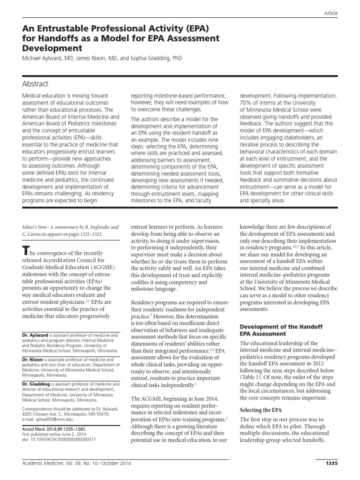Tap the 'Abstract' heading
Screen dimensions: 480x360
(35, 84)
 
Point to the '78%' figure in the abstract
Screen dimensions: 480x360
(246, 103)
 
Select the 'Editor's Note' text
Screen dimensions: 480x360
(38, 226)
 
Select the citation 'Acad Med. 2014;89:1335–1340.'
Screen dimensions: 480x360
(56, 428)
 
